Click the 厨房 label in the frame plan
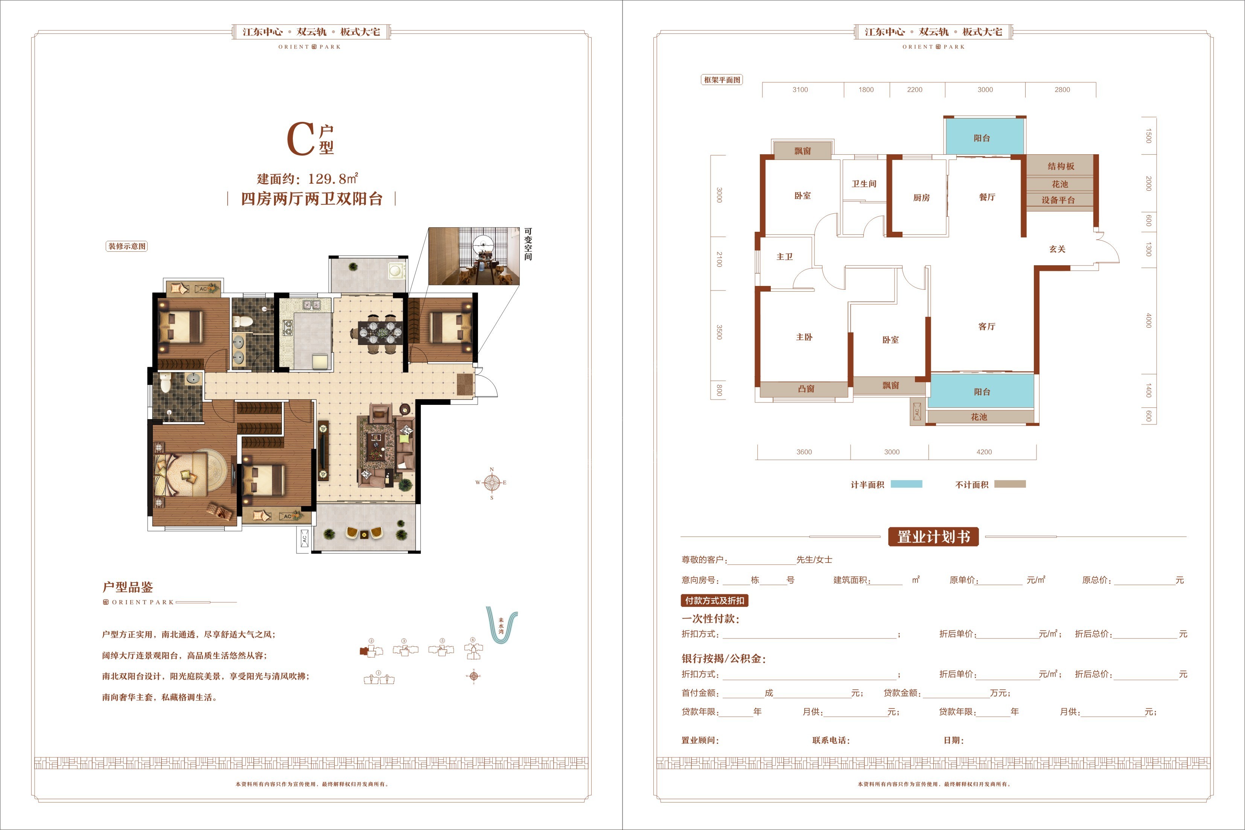click(x=921, y=198)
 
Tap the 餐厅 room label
click(x=987, y=197)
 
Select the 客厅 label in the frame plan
click(x=987, y=327)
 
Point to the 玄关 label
click(x=1057, y=249)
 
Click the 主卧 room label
click(x=804, y=337)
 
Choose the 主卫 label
click(x=784, y=257)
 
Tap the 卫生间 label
click(x=864, y=184)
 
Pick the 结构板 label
click(x=1061, y=166)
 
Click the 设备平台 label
click(x=1058, y=200)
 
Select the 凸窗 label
click(x=806, y=389)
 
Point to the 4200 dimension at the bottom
click(x=984, y=451)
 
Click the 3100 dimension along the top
click(x=800, y=90)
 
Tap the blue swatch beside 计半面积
click(x=906, y=484)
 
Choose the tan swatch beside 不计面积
click(x=1010, y=484)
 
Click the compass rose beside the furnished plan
click(x=492, y=483)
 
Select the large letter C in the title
click(x=301, y=139)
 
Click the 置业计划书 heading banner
click(x=933, y=537)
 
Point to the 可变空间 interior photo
click(x=474, y=256)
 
